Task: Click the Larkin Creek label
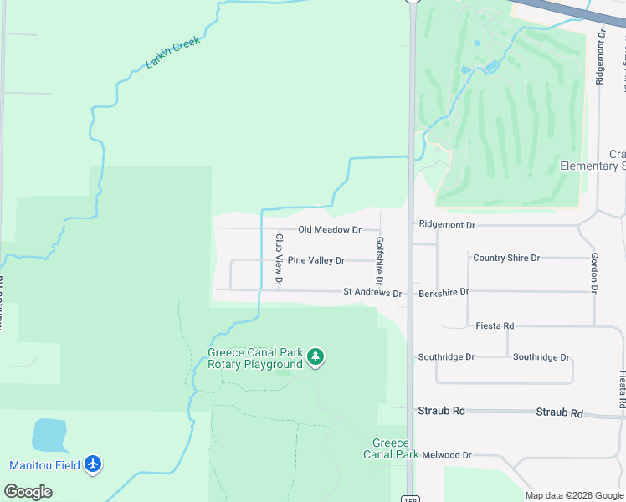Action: (174, 53)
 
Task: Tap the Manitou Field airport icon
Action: (92, 464)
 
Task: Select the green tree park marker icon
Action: (316, 358)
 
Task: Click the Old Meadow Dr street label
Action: (330, 229)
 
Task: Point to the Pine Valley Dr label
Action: (316, 260)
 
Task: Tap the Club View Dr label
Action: (279, 260)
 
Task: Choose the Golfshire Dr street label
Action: (379, 259)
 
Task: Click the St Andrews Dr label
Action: (372, 294)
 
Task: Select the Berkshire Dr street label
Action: (444, 292)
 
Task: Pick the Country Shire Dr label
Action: (506, 258)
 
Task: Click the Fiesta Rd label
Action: (495, 325)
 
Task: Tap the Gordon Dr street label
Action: (593, 273)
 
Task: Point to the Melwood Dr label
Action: (447, 455)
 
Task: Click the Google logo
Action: (28, 492)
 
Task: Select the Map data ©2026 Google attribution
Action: (574, 495)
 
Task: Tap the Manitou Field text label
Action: (44, 465)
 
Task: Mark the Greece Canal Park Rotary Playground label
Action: (254, 358)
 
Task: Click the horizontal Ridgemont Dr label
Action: (447, 225)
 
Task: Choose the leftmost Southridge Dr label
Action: (446, 357)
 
